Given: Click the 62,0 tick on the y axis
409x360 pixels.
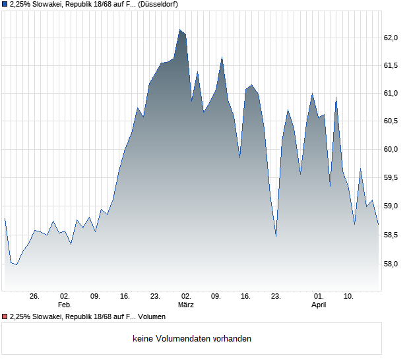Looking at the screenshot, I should pos(391,38).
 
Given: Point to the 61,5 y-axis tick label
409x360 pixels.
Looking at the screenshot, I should pos(391,65).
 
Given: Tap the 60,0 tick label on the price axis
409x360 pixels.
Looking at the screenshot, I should pos(391,149).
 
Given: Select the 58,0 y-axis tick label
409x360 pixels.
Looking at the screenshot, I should pos(391,264).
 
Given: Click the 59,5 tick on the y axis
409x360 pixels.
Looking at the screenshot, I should pos(391,177).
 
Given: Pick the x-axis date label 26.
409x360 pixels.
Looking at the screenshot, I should pos(35,296).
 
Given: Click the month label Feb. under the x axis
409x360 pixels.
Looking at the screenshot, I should pos(65,305).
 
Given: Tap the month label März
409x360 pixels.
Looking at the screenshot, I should pos(186,305).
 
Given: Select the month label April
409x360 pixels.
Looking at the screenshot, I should pos(319,305).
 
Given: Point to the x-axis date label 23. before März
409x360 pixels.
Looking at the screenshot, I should pos(156,296).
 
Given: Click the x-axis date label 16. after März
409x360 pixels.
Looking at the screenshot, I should pos(246,296).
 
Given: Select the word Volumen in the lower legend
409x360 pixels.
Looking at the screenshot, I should pos(151,317).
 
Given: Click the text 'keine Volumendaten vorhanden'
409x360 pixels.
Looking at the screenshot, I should pos(192,339).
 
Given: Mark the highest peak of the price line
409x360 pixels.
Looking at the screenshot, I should pos(179,30).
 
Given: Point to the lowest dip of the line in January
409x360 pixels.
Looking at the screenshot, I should pos(16,264).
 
